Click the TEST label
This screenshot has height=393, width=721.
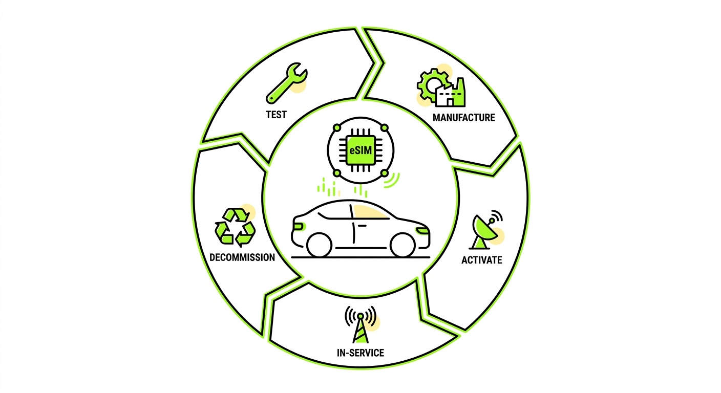pyautogui.click(x=276, y=114)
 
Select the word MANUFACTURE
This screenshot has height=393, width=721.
pyautogui.click(x=463, y=118)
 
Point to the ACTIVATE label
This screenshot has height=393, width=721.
pyautogui.click(x=481, y=260)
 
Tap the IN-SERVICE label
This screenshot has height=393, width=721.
pyautogui.click(x=360, y=353)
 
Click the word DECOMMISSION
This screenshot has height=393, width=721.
pyautogui.click(x=242, y=257)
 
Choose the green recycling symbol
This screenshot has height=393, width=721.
pyautogui.click(x=235, y=226)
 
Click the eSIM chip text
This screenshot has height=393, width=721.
pyautogui.click(x=360, y=150)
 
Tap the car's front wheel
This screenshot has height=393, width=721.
pyautogui.click(x=402, y=245)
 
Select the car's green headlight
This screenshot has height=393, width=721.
pyautogui.click(x=423, y=230)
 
